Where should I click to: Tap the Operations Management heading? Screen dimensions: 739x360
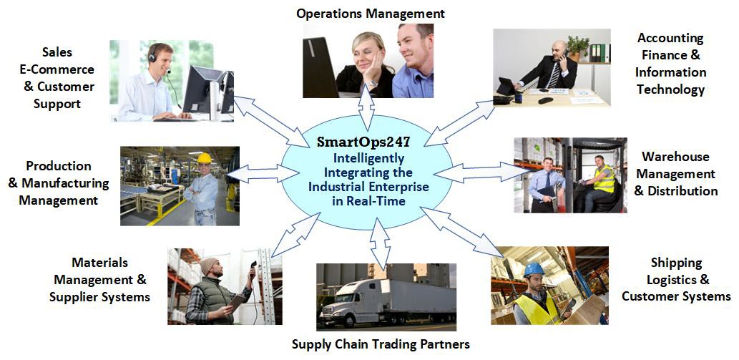pyautogui.click(x=371, y=14)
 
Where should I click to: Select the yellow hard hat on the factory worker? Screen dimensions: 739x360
pyautogui.click(x=204, y=158)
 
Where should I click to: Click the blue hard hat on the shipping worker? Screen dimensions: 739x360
pyautogui.click(x=534, y=269)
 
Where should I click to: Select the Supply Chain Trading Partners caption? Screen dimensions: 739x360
pyautogui.click(x=381, y=344)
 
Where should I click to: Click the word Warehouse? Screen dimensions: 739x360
pyautogui.click(x=675, y=157)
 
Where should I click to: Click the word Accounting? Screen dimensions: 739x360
pyautogui.click(x=670, y=38)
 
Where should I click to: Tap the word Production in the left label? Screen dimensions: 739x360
pyautogui.click(x=59, y=166)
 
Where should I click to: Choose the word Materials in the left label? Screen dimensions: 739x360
pyautogui.click(x=100, y=262)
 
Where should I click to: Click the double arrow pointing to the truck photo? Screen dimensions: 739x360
pyautogui.click(x=380, y=243)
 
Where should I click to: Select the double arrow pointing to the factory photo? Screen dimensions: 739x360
pyautogui.click(x=262, y=174)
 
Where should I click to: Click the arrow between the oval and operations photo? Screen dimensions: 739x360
pyautogui.click(x=366, y=107)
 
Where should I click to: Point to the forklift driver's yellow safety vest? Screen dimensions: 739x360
pyautogui.click(x=605, y=179)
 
